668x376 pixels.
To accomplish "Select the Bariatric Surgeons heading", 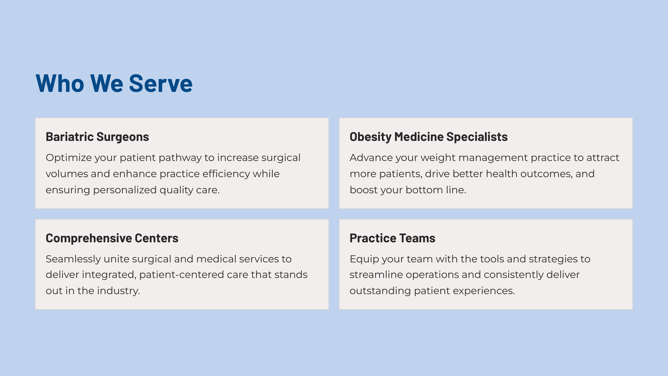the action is (97, 137).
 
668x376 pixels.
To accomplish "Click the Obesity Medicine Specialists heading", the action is (429, 137).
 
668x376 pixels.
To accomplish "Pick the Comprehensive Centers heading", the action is (112, 238).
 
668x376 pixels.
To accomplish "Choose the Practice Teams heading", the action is (392, 238).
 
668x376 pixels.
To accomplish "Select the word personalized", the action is (125, 190).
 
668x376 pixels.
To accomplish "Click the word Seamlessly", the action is (73, 259).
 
